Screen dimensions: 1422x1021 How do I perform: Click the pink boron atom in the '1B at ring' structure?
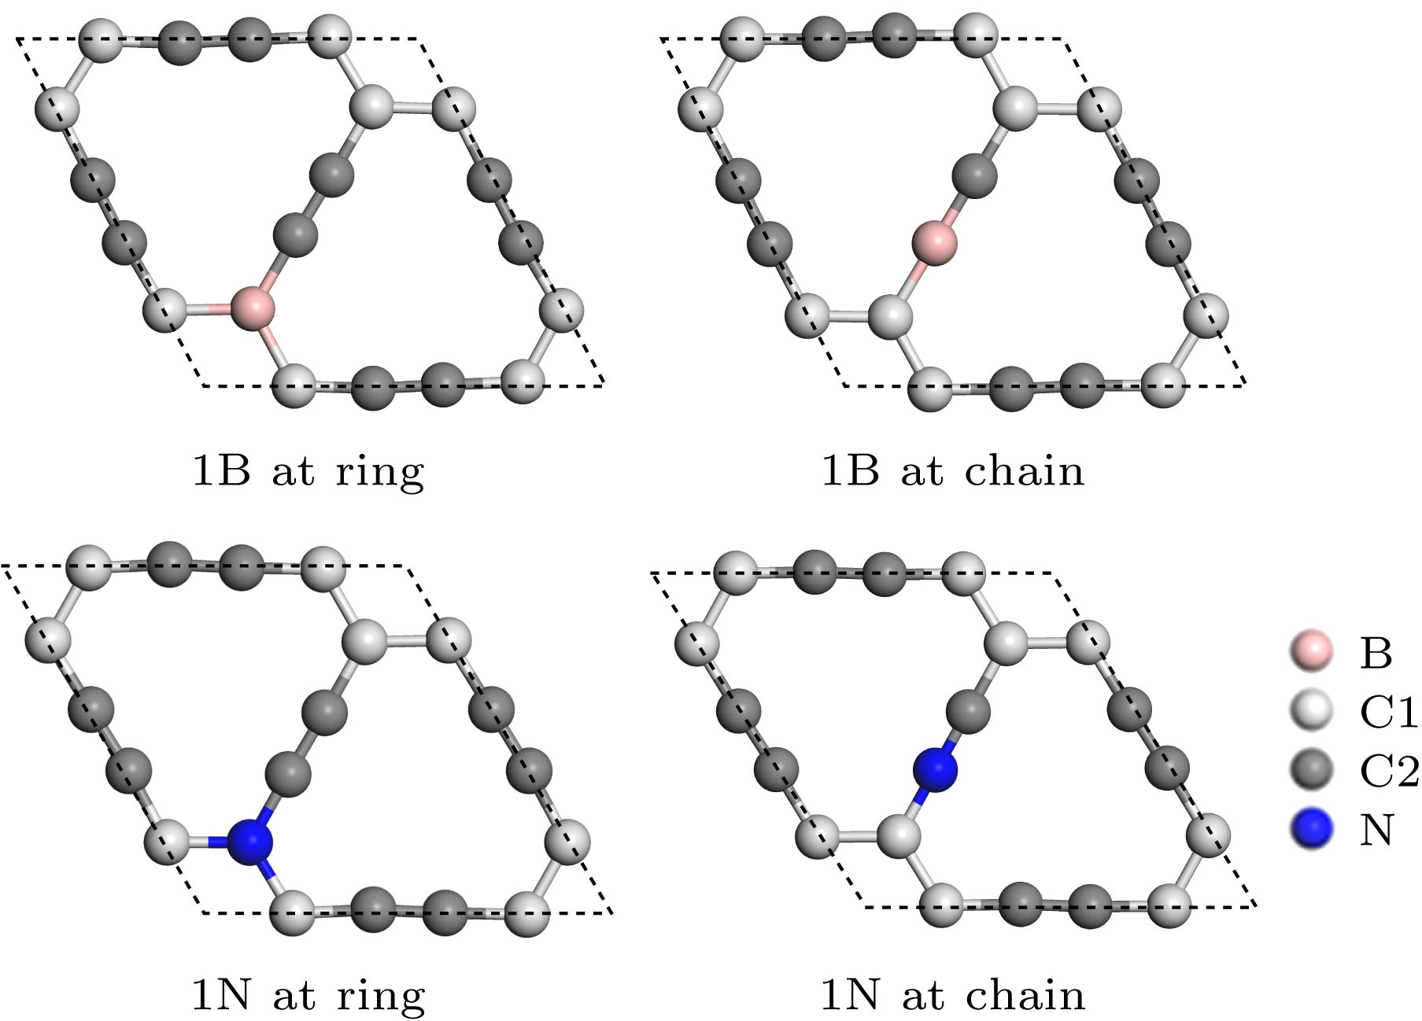[x=253, y=307]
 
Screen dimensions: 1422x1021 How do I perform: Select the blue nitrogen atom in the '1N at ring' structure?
[x=250, y=842]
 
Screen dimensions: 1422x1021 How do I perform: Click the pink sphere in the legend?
[x=1311, y=651]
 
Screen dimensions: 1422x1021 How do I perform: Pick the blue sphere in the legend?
[x=1311, y=829]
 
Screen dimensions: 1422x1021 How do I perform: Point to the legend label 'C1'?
[x=1388, y=713]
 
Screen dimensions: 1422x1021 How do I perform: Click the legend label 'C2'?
[x=1388, y=771]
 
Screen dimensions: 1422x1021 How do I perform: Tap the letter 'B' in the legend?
[x=1376, y=653]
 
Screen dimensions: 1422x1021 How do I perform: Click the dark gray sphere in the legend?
[x=1311, y=770]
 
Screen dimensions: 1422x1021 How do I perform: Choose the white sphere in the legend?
[x=1311, y=711]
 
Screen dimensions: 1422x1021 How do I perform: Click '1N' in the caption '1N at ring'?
[x=221, y=996]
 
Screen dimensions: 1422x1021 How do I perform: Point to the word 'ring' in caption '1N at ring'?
[x=381, y=997]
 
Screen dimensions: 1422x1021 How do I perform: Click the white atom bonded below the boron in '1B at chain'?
[x=891, y=317]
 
